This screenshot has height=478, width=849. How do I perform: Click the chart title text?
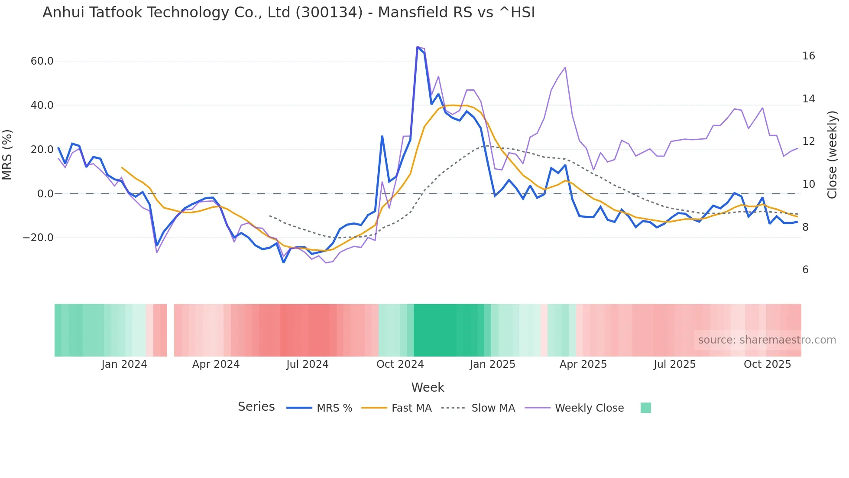pos(288,13)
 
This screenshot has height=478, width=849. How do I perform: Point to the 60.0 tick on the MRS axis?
pos(42,61)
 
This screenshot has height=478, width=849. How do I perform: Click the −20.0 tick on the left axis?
pos(38,238)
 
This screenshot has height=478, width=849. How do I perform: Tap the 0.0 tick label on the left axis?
pos(45,194)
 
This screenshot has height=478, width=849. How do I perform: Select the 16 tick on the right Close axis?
pos(808,56)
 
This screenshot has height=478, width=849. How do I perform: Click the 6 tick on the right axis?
pos(805,270)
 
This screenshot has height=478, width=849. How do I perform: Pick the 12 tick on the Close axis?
pos(808,141)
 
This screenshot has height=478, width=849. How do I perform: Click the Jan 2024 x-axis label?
pos(124,364)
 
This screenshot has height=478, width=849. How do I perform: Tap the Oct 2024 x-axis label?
pos(400,364)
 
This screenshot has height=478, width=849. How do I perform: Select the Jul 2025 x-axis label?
pos(674,364)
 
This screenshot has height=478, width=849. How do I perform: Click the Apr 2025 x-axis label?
pos(583,364)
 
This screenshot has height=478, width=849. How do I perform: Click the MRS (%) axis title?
pos(7,154)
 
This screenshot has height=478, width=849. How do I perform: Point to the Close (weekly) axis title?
pos(832,154)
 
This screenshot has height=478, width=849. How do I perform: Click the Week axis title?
pos(428,387)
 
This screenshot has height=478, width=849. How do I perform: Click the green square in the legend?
pos(645,408)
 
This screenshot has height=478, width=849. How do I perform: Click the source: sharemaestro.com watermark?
pos(767,340)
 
